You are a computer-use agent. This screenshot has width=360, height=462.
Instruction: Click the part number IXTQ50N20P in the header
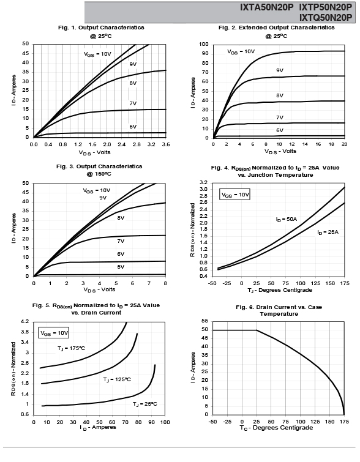pyautogui.click(x=326, y=17)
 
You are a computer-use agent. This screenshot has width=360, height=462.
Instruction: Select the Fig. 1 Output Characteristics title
pyautogui.click(x=101, y=28)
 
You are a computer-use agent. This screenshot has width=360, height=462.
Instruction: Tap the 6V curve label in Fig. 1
pyautogui.click(x=133, y=127)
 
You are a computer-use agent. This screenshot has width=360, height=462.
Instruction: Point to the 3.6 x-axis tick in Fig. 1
pyautogui.click(x=166, y=144)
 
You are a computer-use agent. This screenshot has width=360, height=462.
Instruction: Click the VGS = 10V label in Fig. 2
pyautogui.click(x=241, y=52)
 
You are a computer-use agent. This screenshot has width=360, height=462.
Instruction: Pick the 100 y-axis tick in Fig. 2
pyautogui.click(x=204, y=44)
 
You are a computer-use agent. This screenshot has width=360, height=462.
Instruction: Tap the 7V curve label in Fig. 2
pyautogui.click(x=280, y=117)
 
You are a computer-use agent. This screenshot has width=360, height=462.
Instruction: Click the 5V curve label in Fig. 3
pyautogui.click(x=121, y=267)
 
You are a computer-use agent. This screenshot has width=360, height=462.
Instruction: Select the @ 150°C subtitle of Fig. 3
pyautogui.click(x=99, y=174)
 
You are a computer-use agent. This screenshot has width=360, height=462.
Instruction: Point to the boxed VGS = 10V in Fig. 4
pyautogui.click(x=235, y=195)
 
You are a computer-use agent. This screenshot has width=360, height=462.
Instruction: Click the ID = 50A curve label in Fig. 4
pyautogui.click(x=287, y=220)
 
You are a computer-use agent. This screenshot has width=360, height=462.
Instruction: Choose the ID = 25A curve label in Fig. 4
pyautogui.click(x=328, y=233)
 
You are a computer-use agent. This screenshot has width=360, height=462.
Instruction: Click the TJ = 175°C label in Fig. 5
pyautogui.click(x=72, y=349)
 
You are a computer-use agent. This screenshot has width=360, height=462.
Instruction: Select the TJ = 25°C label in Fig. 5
pyautogui.click(x=144, y=404)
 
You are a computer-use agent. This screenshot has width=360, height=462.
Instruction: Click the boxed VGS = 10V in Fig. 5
pyautogui.click(x=54, y=333)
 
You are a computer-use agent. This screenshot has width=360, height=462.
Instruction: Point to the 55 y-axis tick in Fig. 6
pyautogui.click(x=204, y=321)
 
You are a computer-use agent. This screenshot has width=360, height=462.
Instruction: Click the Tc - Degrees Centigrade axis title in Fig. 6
pyautogui.click(x=276, y=428)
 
